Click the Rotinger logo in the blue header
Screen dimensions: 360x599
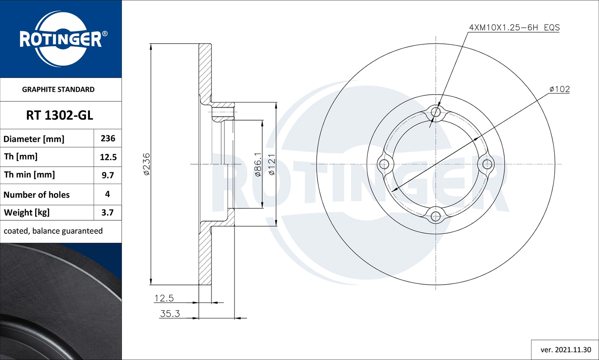(61, 39)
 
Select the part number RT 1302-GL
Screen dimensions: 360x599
(60, 115)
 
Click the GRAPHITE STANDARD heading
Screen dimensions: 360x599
(58, 89)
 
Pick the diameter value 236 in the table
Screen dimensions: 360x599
(108, 138)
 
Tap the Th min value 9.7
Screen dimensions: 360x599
(108, 175)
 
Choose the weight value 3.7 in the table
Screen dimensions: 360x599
(107, 212)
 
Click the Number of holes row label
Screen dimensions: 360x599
(36, 195)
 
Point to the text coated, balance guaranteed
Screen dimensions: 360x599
(53, 231)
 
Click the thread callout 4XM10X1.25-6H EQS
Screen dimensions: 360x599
(514, 28)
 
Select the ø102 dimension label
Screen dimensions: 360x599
(559, 89)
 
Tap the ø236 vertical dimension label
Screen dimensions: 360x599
(147, 164)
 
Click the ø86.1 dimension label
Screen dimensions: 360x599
(258, 164)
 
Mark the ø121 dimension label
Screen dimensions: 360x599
(272, 164)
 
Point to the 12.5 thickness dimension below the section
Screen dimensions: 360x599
(164, 298)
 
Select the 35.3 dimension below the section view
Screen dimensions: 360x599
(170, 314)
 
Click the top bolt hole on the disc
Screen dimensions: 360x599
(436, 112)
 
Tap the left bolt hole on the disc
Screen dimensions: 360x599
(384, 164)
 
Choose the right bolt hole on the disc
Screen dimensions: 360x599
(488, 164)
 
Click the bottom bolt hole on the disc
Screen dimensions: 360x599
(436, 216)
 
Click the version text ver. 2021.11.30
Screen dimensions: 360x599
(565, 350)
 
